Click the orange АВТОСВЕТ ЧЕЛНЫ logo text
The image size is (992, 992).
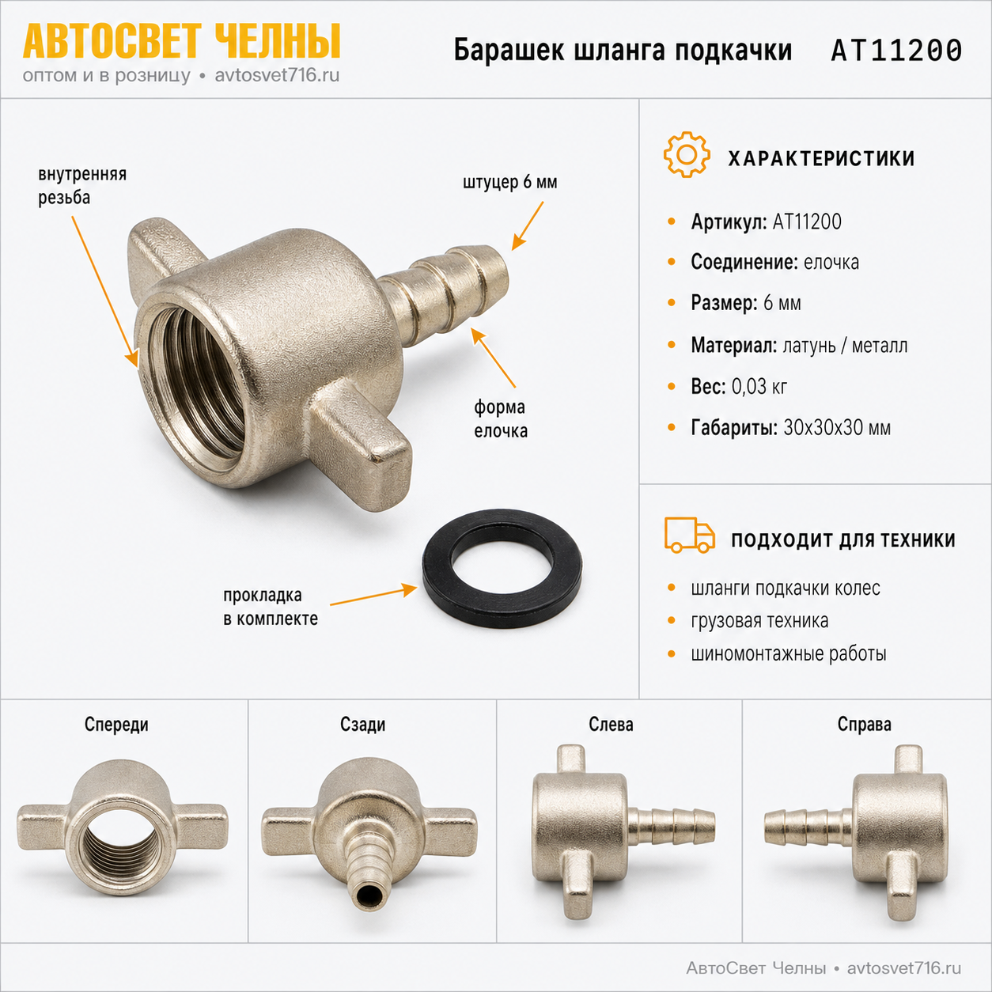click(181, 41)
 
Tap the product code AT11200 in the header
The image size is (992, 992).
click(896, 51)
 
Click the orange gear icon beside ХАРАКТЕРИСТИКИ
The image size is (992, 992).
click(687, 154)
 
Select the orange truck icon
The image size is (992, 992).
click(689, 536)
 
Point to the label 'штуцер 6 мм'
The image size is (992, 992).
click(509, 182)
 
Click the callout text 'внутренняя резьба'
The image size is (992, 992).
click(82, 185)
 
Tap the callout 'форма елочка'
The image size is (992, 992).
click(501, 418)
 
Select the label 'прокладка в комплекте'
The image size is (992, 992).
click(271, 607)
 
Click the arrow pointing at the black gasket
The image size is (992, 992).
click(373, 595)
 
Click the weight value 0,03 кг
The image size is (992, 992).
click(759, 386)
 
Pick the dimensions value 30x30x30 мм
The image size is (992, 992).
click(837, 428)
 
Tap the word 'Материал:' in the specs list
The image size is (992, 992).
click(733, 345)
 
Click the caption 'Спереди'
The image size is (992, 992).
click(116, 725)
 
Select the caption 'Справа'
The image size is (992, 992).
click(864, 725)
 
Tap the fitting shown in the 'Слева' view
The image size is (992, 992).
click(622, 832)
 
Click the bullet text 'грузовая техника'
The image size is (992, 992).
click(759, 621)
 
